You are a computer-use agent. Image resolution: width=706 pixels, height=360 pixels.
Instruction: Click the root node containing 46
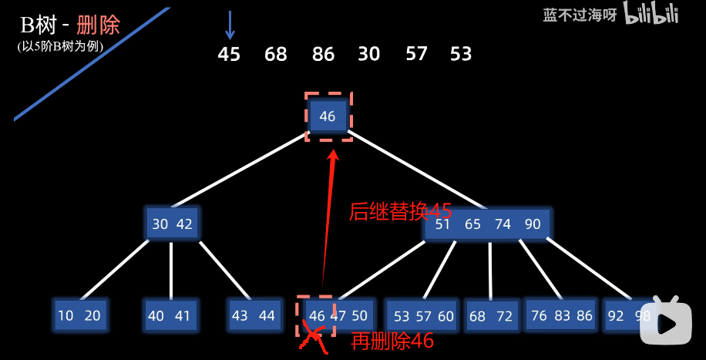[x=328, y=116]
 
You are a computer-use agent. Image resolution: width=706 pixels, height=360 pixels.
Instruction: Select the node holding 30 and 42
[x=173, y=224]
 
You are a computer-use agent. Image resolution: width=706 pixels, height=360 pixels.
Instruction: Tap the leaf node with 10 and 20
[x=79, y=315]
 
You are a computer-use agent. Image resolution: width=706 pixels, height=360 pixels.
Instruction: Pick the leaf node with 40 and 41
[x=170, y=315]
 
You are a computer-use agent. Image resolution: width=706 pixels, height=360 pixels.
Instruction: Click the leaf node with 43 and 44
[x=254, y=315]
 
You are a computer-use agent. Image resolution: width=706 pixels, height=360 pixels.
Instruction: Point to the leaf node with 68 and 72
[x=490, y=316]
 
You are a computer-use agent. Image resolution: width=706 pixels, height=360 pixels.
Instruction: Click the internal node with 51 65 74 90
[x=487, y=224]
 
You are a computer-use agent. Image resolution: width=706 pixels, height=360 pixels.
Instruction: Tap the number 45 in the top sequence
[x=229, y=55]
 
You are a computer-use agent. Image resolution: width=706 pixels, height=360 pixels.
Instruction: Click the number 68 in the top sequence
[x=276, y=55]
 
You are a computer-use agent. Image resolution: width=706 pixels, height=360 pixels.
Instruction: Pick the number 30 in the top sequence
[x=369, y=55]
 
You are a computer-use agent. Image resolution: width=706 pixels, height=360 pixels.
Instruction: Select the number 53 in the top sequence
[x=461, y=55]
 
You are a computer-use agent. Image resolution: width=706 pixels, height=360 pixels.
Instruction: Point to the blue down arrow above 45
[x=229, y=24]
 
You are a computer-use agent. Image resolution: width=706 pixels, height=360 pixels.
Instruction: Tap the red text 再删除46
[x=392, y=341]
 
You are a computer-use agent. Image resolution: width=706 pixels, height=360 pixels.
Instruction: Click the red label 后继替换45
[x=399, y=211]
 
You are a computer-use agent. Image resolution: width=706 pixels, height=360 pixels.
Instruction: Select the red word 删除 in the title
[x=99, y=25]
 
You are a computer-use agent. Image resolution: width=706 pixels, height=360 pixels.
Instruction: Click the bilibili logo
[x=651, y=14]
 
